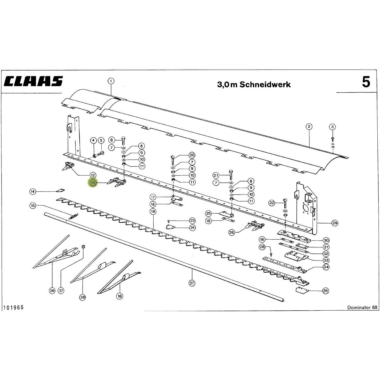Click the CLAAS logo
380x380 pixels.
coord(33,81)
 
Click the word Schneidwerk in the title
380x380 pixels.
coord(265,85)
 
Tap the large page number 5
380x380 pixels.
coord(366,82)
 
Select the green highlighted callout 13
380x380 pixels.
coord(93,183)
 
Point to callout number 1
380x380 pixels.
coord(111,81)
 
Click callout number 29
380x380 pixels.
coord(335,223)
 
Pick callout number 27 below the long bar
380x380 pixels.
coord(192,283)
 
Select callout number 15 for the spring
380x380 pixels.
coord(33,206)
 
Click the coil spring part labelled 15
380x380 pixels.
coord(73,216)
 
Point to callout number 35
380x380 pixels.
coord(326,291)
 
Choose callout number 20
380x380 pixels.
coord(192,155)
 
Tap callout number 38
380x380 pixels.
coord(83,297)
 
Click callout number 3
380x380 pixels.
coord(332,127)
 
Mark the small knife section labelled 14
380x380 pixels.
coord(61,190)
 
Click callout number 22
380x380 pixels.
coord(272,203)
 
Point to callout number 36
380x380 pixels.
coord(52,290)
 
